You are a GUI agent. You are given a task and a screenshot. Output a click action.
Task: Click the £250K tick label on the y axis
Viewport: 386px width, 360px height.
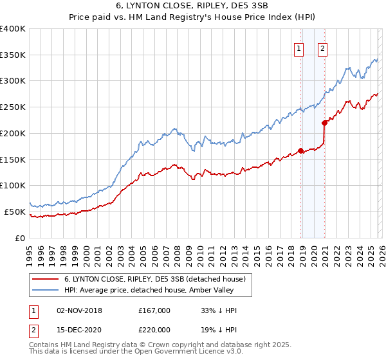click(x=13, y=107)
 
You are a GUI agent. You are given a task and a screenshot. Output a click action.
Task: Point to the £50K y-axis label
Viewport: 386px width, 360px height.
click(x=15, y=212)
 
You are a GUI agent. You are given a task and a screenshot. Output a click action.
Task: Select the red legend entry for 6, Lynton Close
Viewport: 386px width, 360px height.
click(x=154, y=280)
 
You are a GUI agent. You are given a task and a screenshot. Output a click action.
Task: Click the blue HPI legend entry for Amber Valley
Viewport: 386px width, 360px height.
click(x=154, y=291)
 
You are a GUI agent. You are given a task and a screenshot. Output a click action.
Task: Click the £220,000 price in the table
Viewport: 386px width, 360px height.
click(x=154, y=329)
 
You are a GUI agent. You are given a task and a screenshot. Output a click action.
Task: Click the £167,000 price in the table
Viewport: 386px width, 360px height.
click(x=154, y=310)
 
